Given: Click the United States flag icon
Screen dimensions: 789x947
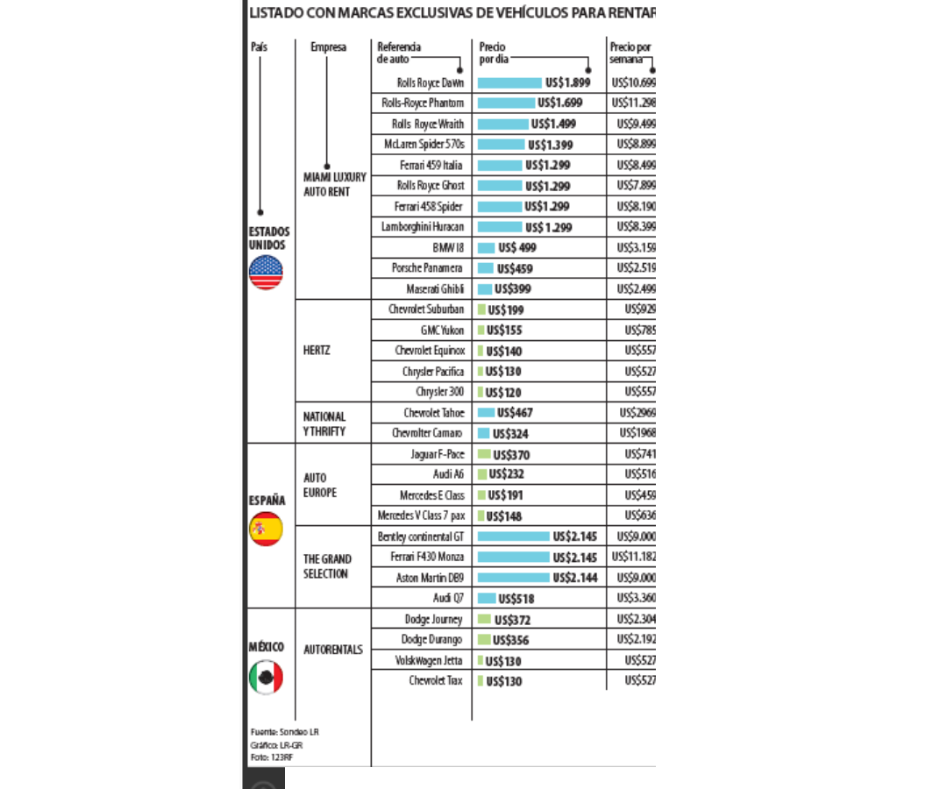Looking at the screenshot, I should coord(266,272).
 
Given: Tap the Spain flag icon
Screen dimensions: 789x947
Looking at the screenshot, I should coord(266,529).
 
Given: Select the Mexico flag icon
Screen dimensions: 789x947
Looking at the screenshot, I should coord(266,677).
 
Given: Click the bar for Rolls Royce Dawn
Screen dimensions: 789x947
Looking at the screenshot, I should coord(509,82).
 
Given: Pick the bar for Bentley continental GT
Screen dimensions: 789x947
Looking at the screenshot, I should coord(513,537).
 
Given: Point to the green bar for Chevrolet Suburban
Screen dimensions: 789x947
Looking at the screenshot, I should coord(481,309).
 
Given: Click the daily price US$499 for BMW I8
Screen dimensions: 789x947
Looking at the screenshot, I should coord(516,248).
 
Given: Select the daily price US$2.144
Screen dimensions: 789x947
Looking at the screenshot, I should coord(575,578).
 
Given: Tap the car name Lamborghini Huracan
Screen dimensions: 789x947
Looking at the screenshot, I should coord(422,227).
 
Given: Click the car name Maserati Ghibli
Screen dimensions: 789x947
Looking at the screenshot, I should coord(434,289).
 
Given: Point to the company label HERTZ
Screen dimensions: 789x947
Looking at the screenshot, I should coord(317,351).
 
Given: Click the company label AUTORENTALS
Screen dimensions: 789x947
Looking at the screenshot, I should coord(332,650).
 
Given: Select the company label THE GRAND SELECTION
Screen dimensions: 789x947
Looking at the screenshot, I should coord(327,566).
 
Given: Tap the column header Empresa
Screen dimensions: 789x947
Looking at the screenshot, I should coord(328,47).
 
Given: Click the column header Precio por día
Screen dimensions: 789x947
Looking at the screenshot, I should coord(493,53).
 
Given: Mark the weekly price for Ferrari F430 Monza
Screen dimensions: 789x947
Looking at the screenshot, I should coord(633,557).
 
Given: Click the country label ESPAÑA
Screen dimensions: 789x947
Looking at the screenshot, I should coord(266,501).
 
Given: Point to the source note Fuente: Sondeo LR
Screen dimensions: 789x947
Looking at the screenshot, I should coord(285,731).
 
